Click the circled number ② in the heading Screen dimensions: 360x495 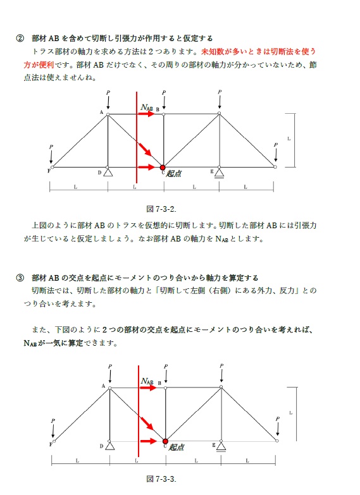(x=20, y=38)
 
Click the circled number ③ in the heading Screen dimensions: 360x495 (x=20, y=278)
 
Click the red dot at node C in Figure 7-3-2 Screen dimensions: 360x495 (x=163, y=167)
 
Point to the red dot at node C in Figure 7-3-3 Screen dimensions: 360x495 (x=164, y=441)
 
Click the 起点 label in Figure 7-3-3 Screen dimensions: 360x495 (x=177, y=447)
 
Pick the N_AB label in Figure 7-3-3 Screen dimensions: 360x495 (x=147, y=381)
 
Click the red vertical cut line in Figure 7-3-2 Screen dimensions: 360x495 (x=137, y=139)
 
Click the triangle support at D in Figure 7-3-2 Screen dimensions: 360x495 (x=108, y=171)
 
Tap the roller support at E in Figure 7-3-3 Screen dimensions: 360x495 (x=221, y=446)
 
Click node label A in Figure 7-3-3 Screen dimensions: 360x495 (x=103, y=386)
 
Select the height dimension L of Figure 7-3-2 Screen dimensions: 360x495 (x=289, y=137)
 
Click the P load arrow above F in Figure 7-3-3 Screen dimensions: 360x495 (x=53, y=430)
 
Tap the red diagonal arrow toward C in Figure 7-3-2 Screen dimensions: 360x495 (x=146, y=150)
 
